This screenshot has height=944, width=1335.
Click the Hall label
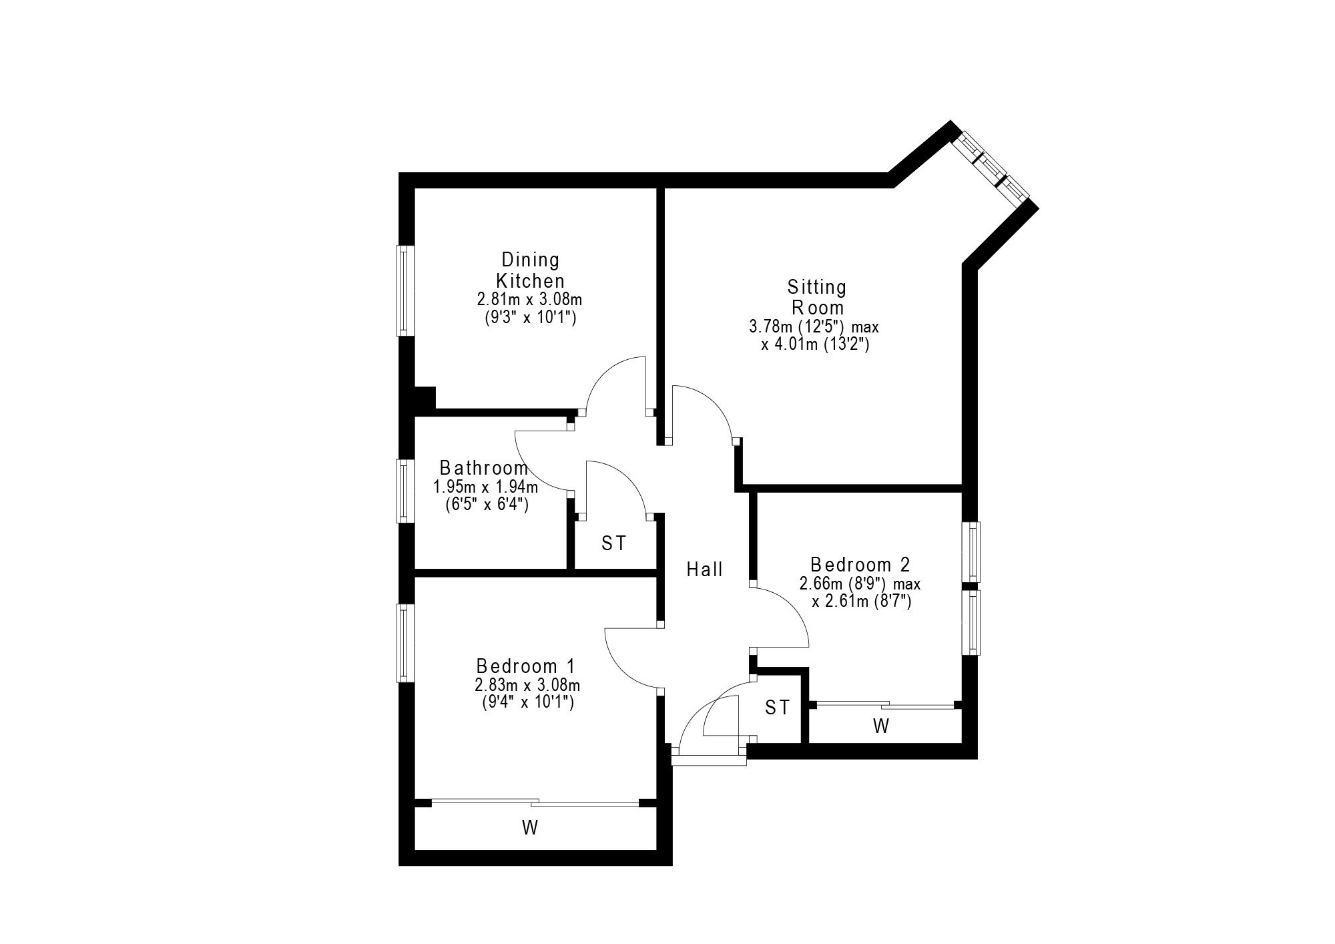point(705,569)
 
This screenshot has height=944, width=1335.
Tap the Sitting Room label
point(817,298)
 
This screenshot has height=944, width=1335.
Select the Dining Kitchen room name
point(531,270)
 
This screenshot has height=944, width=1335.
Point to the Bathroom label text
point(484,468)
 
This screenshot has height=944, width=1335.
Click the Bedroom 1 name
point(525,666)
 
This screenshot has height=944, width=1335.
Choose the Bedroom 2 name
point(860,565)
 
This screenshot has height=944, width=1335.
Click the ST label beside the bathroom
point(614,543)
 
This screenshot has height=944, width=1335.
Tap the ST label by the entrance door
point(777,708)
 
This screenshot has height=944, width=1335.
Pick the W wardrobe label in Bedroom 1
point(530,829)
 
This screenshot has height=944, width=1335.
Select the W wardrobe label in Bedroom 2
point(881,726)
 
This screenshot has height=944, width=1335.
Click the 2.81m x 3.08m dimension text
point(530,299)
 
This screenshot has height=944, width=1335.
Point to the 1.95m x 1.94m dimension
point(486,487)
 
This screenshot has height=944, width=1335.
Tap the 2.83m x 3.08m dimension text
point(527,686)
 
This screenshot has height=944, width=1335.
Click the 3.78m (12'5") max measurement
point(814,328)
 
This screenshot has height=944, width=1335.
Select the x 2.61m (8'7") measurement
point(862,602)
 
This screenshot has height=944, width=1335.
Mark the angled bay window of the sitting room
point(991,170)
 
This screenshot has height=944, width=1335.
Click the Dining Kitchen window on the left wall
point(405,290)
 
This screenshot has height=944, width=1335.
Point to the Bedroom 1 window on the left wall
point(405,643)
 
